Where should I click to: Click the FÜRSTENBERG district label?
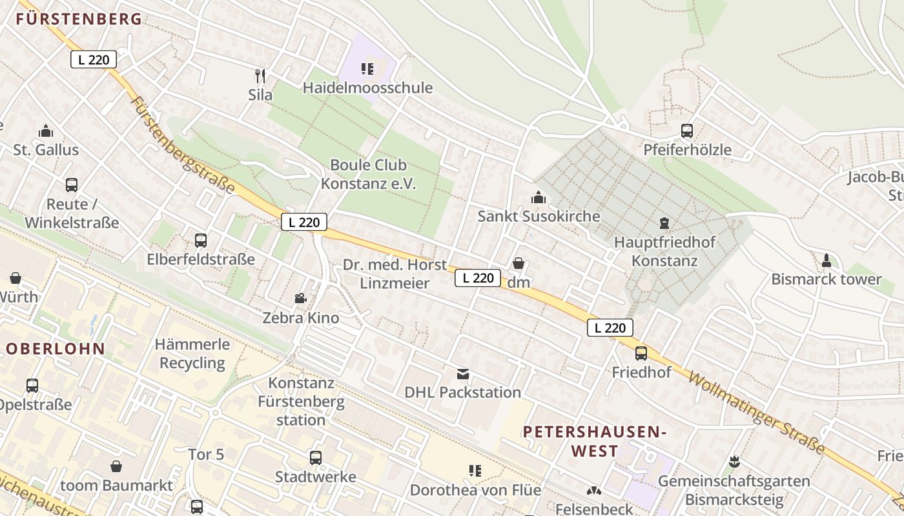tap(79, 19)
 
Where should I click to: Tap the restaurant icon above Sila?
tap(260, 76)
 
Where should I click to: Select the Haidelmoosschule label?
tap(367, 88)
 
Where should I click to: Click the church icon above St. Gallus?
tap(46, 132)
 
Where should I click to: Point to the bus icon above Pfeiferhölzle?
tap(687, 131)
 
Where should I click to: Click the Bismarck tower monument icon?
tap(826, 261)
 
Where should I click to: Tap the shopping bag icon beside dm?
tap(518, 263)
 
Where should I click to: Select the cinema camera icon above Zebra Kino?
tap(300, 298)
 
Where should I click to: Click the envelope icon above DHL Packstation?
tap(462, 374)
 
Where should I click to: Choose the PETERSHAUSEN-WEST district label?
tap(595, 441)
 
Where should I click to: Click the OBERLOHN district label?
tap(56, 349)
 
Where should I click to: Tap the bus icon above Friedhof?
tap(641, 353)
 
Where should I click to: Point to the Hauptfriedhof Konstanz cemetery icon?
tap(664, 224)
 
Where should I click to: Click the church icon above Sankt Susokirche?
tap(538, 197)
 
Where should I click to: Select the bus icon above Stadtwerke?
tap(315, 458)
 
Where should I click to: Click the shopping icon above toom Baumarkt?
tap(116, 466)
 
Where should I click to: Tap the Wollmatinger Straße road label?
tap(757, 412)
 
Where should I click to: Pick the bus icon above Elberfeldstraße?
tap(201, 241)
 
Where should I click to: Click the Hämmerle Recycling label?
tap(192, 353)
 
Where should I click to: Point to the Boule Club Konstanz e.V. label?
tap(369, 174)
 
